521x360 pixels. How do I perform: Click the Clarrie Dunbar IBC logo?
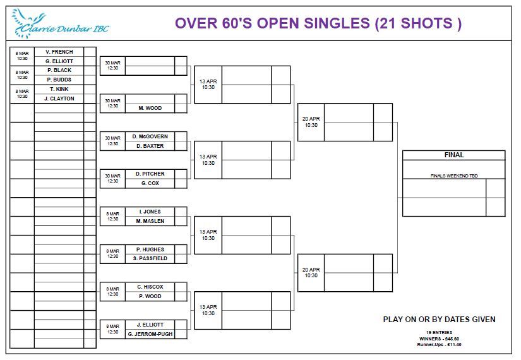click(x=60, y=23)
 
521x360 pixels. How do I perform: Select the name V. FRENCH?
click(x=59, y=52)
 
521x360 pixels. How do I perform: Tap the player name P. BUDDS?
click(x=59, y=80)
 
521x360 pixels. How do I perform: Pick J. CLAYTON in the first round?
click(x=59, y=99)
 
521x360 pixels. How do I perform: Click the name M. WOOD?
click(x=150, y=108)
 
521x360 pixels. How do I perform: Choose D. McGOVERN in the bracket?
click(x=150, y=136)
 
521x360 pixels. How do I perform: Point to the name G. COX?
click(x=150, y=183)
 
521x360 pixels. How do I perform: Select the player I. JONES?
click(x=150, y=212)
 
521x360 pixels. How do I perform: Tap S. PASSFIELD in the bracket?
click(x=150, y=258)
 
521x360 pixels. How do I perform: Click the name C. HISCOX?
click(x=150, y=287)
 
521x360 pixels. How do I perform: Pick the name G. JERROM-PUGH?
click(x=150, y=334)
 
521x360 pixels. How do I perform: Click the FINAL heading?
click(x=454, y=155)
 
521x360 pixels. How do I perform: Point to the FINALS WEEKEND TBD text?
click(x=454, y=176)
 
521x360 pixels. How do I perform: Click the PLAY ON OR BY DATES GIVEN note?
click(x=439, y=320)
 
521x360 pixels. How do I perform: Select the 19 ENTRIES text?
click(x=439, y=332)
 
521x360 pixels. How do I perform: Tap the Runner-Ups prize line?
click(x=439, y=345)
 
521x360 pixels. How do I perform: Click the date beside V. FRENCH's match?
click(x=22, y=56)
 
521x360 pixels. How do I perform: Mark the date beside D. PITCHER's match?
click(x=112, y=179)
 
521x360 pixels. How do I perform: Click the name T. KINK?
click(x=59, y=89)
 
